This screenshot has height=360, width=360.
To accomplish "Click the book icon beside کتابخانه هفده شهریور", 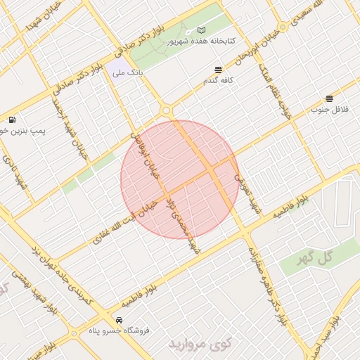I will coord(202,31).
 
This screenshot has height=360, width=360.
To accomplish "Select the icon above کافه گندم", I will coord(218,69).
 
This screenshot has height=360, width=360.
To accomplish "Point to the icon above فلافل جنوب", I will coord(329,98).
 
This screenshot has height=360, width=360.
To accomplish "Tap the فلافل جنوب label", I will coord(330,110).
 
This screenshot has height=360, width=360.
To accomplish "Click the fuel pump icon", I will coord(13,120).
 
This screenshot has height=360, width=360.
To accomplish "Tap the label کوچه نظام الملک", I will coord(274,84).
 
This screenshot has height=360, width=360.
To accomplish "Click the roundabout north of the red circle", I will coord(166,110).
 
